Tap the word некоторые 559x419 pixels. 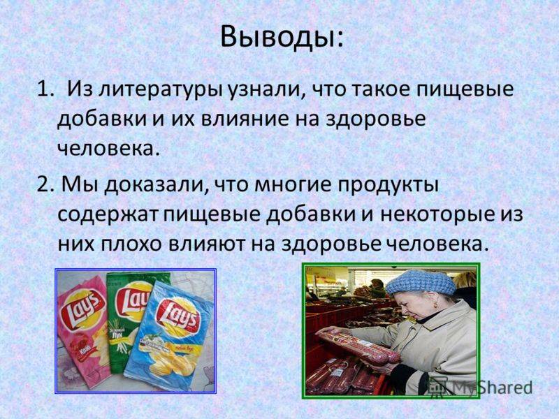437,215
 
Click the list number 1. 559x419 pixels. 44,90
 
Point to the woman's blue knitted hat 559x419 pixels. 420,282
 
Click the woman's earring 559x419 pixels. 435,305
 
